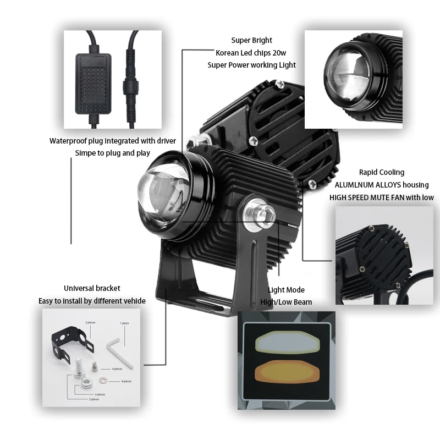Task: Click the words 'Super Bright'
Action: tap(252, 40)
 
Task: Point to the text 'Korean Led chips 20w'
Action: tap(251, 52)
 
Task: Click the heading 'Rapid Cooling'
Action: tap(381, 172)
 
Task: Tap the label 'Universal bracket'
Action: tap(92, 288)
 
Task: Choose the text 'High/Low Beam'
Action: tap(286, 302)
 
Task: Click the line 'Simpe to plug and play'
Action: tap(112, 153)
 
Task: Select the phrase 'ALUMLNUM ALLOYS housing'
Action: tap(381, 185)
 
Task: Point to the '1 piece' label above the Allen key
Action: tap(124, 323)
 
